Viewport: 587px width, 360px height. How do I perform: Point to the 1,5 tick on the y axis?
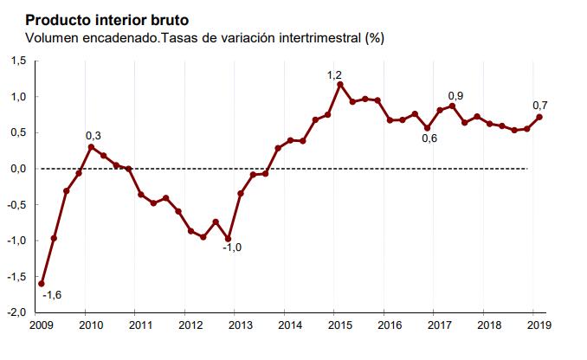click(x=18, y=61)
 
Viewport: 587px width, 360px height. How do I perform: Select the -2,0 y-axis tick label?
click(x=17, y=312)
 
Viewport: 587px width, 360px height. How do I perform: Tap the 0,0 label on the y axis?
click(x=18, y=169)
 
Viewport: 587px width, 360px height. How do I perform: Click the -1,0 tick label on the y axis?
click(x=17, y=241)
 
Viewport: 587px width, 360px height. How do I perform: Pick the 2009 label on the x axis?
click(x=41, y=326)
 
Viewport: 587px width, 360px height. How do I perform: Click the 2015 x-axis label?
click(x=339, y=326)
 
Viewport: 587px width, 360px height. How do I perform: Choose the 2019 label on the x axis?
click(x=538, y=326)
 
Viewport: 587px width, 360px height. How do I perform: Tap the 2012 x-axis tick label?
click(x=190, y=326)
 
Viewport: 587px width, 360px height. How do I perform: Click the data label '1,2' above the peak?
click(x=334, y=75)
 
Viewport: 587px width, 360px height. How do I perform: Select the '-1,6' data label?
click(x=53, y=295)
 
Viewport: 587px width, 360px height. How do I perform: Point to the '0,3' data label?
click(x=94, y=136)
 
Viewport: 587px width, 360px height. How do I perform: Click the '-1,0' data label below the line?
click(x=232, y=248)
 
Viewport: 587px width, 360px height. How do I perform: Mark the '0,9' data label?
click(x=455, y=95)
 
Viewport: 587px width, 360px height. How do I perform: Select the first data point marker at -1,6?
click(x=42, y=283)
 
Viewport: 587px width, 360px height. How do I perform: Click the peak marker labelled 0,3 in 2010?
click(x=91, y=147)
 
